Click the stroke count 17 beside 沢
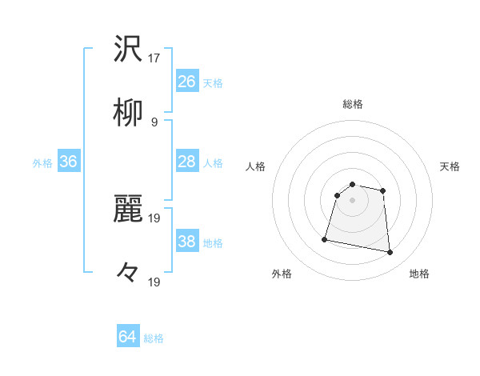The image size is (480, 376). pos(154,58)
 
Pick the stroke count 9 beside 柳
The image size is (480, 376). pos(154,122)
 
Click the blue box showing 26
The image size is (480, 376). pos(187,82)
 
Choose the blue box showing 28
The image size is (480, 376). pos(187,162)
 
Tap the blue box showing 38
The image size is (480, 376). pos(187,242)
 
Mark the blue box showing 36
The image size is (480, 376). pos(69,162)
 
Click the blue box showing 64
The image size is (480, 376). pos(128,337)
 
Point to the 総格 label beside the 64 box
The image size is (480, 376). pos(154,338)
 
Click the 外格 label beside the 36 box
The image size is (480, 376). pos(42,163)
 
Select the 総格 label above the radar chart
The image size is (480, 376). pos(353,104)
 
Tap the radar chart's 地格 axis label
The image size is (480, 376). pos(419,274)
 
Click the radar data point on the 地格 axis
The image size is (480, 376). pos(390,253)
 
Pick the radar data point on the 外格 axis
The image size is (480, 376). pos(325,238)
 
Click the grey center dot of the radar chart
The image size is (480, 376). pos(353,200)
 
